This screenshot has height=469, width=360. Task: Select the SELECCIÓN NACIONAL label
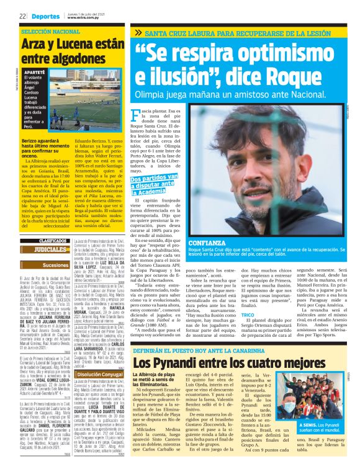pos(50,31)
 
